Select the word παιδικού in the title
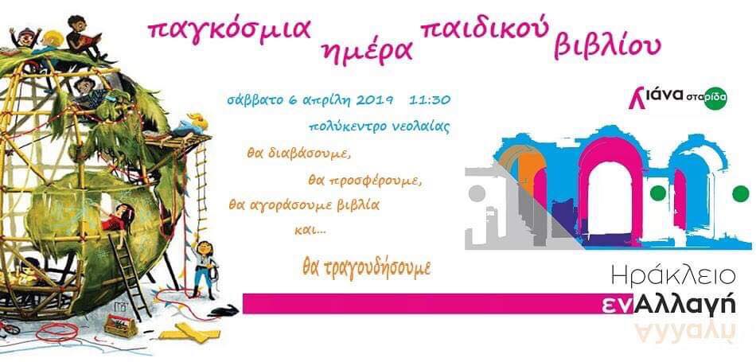485,31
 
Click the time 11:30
430,100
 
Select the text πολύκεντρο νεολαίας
380,127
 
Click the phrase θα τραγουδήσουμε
366,268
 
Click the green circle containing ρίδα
715,99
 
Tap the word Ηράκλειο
673,276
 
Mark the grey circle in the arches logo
477,193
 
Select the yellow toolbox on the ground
121,325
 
